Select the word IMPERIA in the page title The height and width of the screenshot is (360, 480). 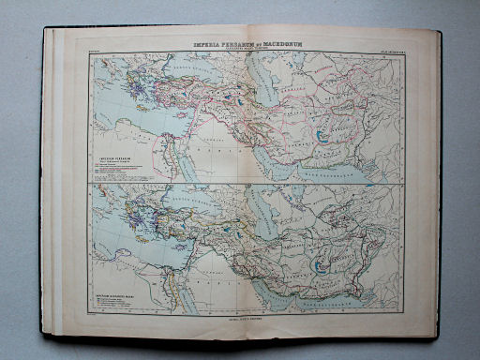pos(203,43)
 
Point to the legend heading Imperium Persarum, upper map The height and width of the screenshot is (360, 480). pos(118,158)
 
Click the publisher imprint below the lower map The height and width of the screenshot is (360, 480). pos(242,320)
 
